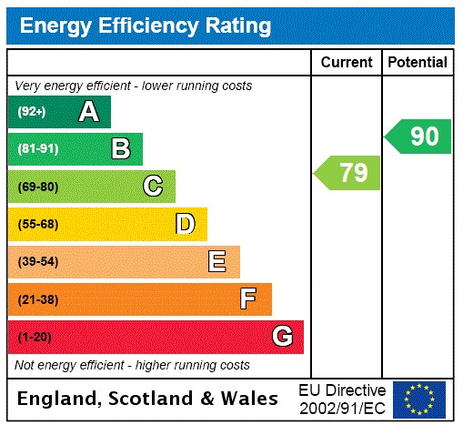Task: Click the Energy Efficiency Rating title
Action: click(146, 25)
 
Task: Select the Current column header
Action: click(347, 63)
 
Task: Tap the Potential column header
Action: click(418, 63)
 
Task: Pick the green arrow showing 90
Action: click(418, 137)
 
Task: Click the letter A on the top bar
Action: click(88, 112)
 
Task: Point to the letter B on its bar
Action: click(120, 149)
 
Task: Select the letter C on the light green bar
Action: click(153, 187)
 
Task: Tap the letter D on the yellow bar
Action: click(185, 224)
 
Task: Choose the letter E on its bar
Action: click(217, 262)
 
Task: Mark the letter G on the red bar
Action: click(282, 337)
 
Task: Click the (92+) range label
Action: click(34, 113)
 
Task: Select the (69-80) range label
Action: click(38, 187)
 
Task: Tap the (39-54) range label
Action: click(38, 262)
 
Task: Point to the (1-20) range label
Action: click(35, 338)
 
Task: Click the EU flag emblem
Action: click(419, 399)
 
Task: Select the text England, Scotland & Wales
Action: click(148, 399)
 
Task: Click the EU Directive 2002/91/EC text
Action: click(342, 399)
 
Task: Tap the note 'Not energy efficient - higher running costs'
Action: click(132, 365)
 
